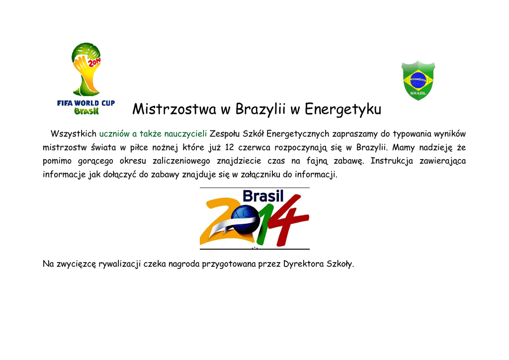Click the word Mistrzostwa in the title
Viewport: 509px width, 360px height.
[174, 109]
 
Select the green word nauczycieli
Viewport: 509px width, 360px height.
[185, 134]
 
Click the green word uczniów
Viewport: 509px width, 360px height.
[114, 134]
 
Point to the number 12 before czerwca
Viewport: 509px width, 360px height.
[229, 147]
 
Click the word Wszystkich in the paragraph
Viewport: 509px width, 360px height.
[74, 134]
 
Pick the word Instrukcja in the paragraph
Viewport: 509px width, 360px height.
[392, 161]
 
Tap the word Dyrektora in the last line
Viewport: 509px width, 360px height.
[304, 264]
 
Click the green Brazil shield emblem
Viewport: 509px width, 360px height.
[418, 80]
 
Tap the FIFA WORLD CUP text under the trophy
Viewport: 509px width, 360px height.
[86, 103]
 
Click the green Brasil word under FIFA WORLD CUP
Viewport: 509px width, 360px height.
[86, 111]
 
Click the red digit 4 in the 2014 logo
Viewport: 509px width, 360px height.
[290, 221]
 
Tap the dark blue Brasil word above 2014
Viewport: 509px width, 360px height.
[263, 196]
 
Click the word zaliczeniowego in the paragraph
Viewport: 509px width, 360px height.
[181, 161]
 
